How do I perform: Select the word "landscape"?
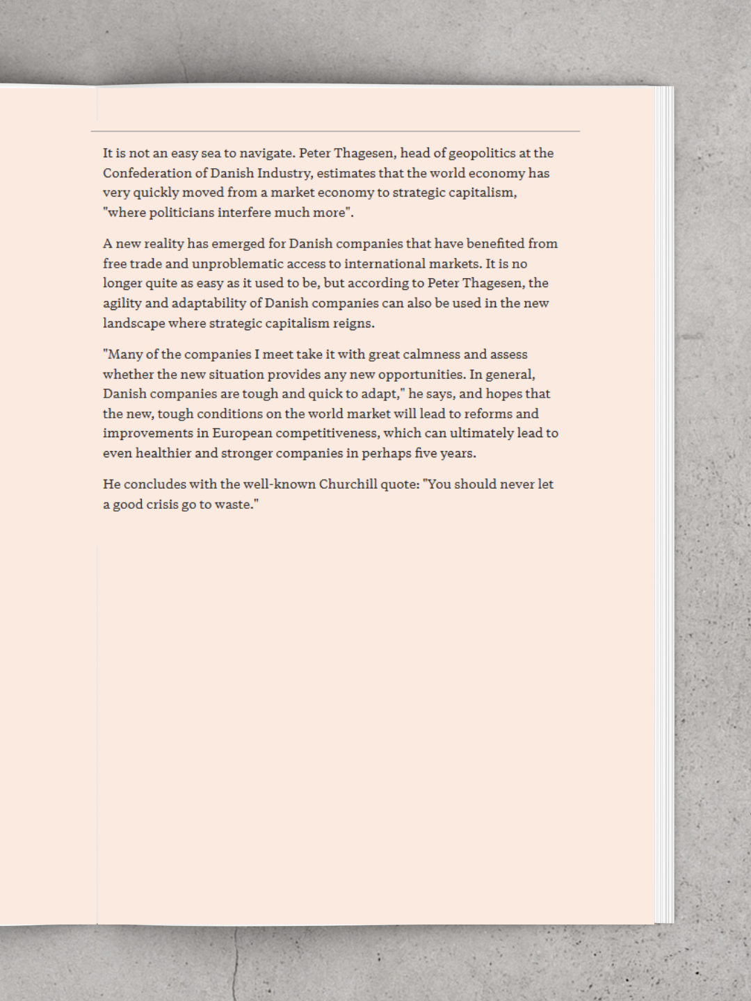point(134,323)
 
